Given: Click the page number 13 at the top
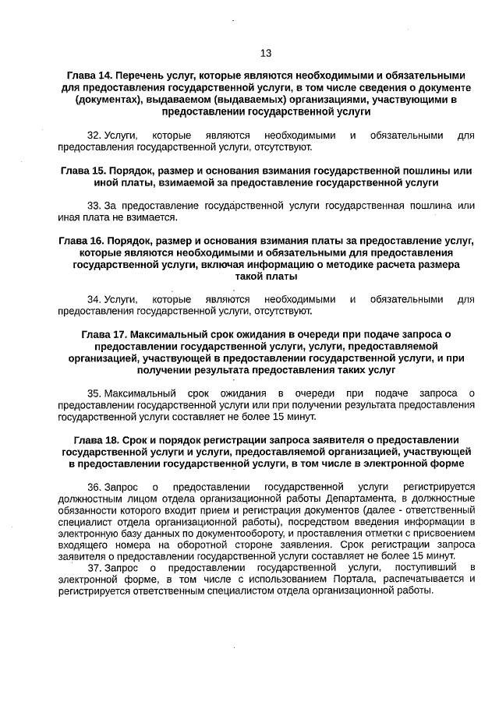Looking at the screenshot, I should (x=266, y=53).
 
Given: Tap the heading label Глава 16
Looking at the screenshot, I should (x=82, y=241).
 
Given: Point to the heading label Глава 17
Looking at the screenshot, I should (x=104, y=334).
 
